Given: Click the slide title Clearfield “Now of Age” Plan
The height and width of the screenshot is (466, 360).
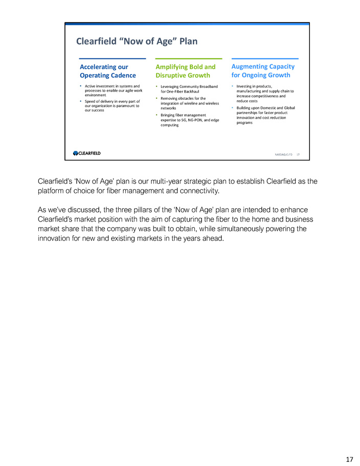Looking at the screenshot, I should pos(137,41).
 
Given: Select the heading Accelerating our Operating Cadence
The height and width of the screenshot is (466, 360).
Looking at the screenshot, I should pos(108,71).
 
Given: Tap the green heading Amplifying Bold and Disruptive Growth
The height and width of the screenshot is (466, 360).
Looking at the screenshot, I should pos(185,71).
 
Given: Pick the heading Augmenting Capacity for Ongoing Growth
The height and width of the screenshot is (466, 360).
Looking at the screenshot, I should pos(263,71).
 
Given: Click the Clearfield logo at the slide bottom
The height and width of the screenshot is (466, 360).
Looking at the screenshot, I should pos(87,152).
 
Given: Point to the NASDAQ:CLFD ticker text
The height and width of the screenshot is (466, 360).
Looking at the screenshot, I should pos(282,153).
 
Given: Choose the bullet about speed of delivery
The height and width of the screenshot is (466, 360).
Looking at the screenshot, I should pos(112,105).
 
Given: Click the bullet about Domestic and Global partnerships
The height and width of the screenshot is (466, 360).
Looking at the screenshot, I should pos(265,115).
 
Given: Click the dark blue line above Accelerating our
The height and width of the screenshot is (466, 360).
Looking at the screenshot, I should pos(109,59).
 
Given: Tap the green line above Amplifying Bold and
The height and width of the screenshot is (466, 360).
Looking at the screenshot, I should pos(188,59).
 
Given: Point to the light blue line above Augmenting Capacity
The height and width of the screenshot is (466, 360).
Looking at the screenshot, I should pos(265,59).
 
